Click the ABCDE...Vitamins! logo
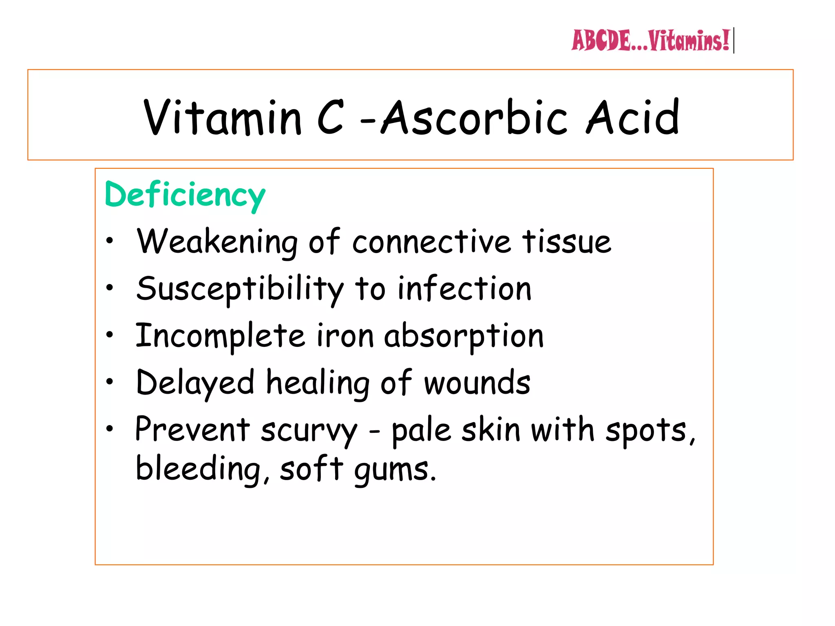pyautogui.click(x=650, y=41)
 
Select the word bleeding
pyautogui.click(x=198, y=469)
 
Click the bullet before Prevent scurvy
pyautogui.click(x=109, y=429)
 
